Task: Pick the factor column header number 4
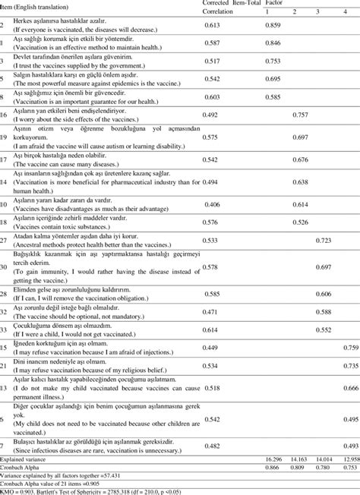(x=346, y=12)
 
